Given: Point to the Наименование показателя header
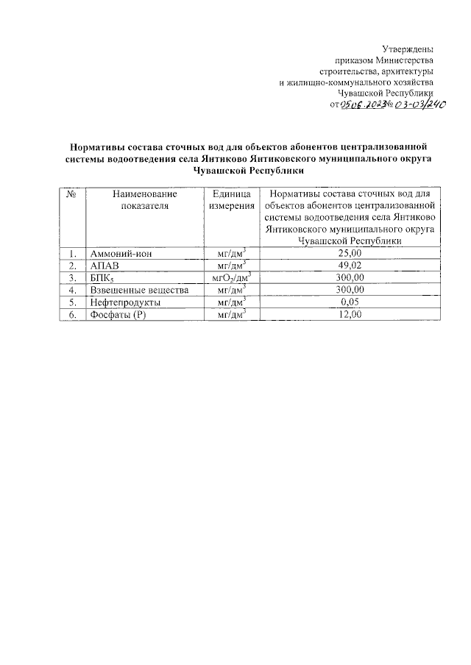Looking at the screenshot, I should click(145, 199).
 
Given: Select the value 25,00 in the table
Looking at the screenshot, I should click(350, 254).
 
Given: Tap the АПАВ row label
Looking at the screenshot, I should click(104, 266).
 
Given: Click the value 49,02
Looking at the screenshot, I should click(350, 266).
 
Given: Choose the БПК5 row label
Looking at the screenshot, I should click(103, 278).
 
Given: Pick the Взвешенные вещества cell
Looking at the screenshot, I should click(139, 290).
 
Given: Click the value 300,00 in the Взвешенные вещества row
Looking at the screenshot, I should click(350, 290).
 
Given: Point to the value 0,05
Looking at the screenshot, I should click(350, 302).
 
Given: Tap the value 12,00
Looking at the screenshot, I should click(350, 315).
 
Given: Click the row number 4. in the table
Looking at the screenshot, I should click(72, 290).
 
